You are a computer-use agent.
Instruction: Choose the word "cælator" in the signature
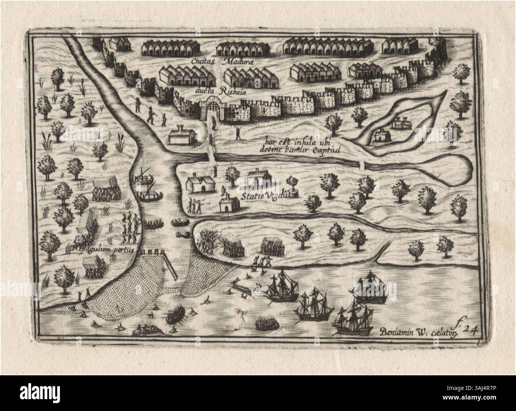(444, 333)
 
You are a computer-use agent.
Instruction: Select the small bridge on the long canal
(362, 164)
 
